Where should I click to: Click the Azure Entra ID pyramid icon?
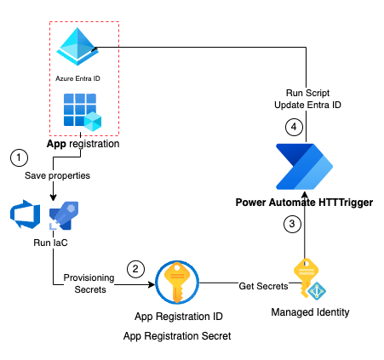tap(77, 47)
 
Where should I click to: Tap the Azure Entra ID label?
tap(77, 78)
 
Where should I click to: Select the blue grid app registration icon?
tap(83, 112)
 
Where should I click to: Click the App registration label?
tap(83, 144)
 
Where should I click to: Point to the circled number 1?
tap(19, 157)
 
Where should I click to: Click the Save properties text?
tap(57, 175)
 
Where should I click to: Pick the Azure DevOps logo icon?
tap(25, 214)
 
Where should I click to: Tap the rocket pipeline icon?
tap(64, 215)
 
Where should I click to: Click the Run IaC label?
tap(50, 243)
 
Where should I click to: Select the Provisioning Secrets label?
tap(89, 283)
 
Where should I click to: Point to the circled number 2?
tap(135, 269)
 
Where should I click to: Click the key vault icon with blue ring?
tap(177, 283)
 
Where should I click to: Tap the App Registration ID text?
tap(179, 317)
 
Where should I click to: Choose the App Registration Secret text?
tap(177, 336)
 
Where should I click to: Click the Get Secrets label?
tap(263, 286)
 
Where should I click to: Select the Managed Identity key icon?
tap(309, 278)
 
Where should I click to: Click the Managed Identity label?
tap(310, 312)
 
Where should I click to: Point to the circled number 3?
tap(292, 224)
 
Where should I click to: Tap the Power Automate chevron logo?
tap(304, 167)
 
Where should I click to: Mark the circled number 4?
tap(294, 127)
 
